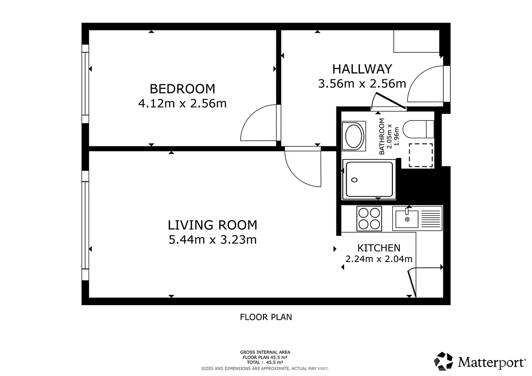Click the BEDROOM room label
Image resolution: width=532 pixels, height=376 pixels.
click(182, 89)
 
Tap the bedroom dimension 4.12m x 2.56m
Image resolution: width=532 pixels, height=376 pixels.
click(182, 104)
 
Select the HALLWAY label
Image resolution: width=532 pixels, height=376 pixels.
click(362, 69)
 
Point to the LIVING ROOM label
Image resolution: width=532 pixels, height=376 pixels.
click(212, 225)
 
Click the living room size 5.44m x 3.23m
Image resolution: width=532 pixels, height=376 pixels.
click(212, 240)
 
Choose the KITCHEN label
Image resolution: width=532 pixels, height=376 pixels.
click(379, 248)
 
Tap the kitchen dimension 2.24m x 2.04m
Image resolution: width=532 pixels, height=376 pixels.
click(379, 259)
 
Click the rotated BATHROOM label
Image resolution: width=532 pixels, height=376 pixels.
click(382, 136)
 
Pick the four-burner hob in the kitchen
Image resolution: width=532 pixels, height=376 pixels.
click(369, 219)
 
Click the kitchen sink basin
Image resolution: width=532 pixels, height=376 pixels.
click(407, 219)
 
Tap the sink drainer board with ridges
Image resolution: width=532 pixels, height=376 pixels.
click(431, 219)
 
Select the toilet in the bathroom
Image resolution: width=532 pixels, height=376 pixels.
click(419, 129)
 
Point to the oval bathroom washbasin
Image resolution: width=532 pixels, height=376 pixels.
click(354, 136)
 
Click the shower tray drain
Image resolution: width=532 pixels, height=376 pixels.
click(354, 180)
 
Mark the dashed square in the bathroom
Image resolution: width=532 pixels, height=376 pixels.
click(421, 155)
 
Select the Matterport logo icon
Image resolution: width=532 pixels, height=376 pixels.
click(443, 361)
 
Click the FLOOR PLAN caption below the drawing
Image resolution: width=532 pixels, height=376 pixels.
click(266, 317)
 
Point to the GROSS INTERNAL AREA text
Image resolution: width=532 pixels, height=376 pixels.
click(265, 352)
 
